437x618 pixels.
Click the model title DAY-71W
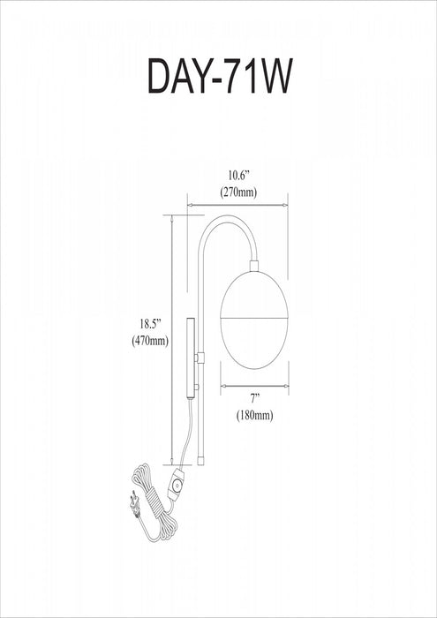tap(218, 75)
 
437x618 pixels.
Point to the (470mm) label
tap(145, 342)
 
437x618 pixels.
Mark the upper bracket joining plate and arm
tap(200, 357)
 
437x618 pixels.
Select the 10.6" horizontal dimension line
tap(236, 205)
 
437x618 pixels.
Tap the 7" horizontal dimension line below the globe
tap(254, 385)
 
